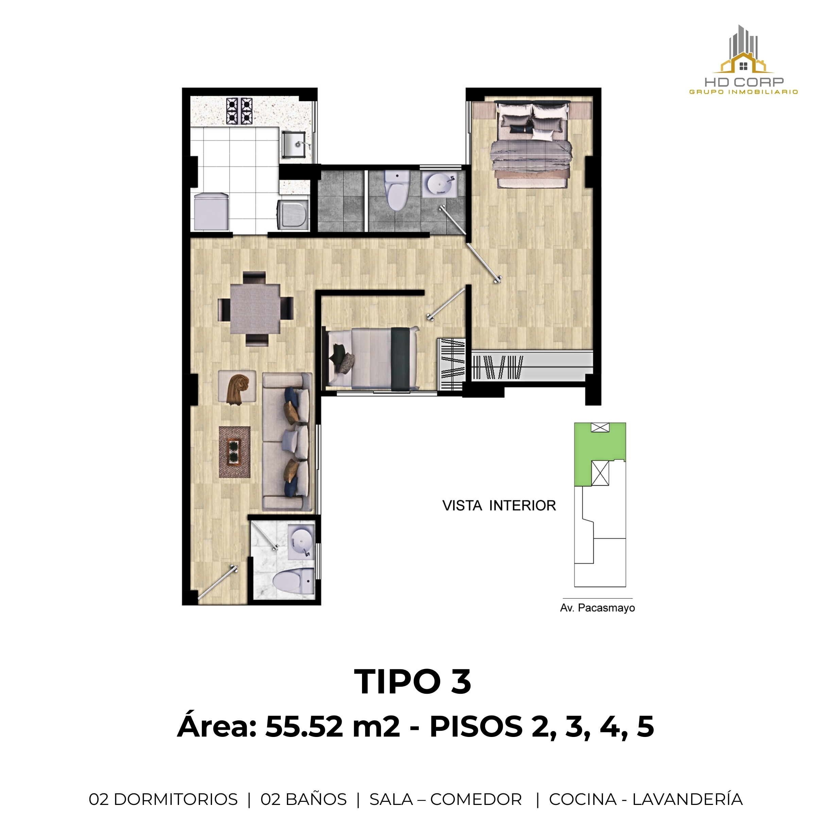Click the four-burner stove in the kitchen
239,111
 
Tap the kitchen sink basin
293,144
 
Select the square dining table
255,309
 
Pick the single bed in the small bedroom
372,358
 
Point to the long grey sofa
287,441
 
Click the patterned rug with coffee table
234,451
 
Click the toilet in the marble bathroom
294,581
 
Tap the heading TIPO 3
413,682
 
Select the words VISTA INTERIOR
499,506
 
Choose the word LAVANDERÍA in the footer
687,799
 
